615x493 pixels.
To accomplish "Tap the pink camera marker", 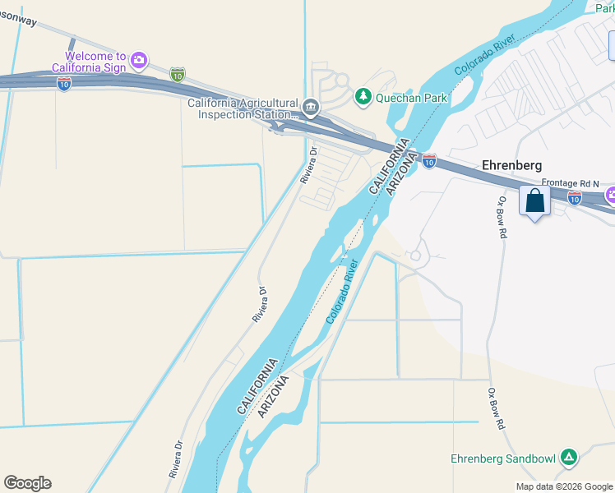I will tap(140, 59).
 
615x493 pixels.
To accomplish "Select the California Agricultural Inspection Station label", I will tap(243, 108).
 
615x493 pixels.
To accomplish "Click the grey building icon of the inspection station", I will tap(311, 105).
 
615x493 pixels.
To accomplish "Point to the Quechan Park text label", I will tap(411, 98).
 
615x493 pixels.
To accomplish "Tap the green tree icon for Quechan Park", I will tap(363, 97).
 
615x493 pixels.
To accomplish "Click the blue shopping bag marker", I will tap(534, 201).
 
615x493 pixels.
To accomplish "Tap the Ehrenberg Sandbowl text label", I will tap(503, 458).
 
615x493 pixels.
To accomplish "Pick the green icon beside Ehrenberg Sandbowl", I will tap(567, 457).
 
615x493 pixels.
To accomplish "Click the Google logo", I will tap(27, 482).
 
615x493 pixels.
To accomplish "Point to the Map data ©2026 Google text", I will tap(563, 486).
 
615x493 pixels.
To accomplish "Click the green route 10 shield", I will tap(177, 74).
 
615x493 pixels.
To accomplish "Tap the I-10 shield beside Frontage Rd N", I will tap(575, 197).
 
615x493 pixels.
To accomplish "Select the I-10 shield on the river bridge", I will tap(428, 161).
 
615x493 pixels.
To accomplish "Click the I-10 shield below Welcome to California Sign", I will tap(64, 83).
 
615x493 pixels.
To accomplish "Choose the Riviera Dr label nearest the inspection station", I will tap(311, 165).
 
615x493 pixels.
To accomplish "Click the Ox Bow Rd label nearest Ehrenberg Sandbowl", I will tap(496, 409).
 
